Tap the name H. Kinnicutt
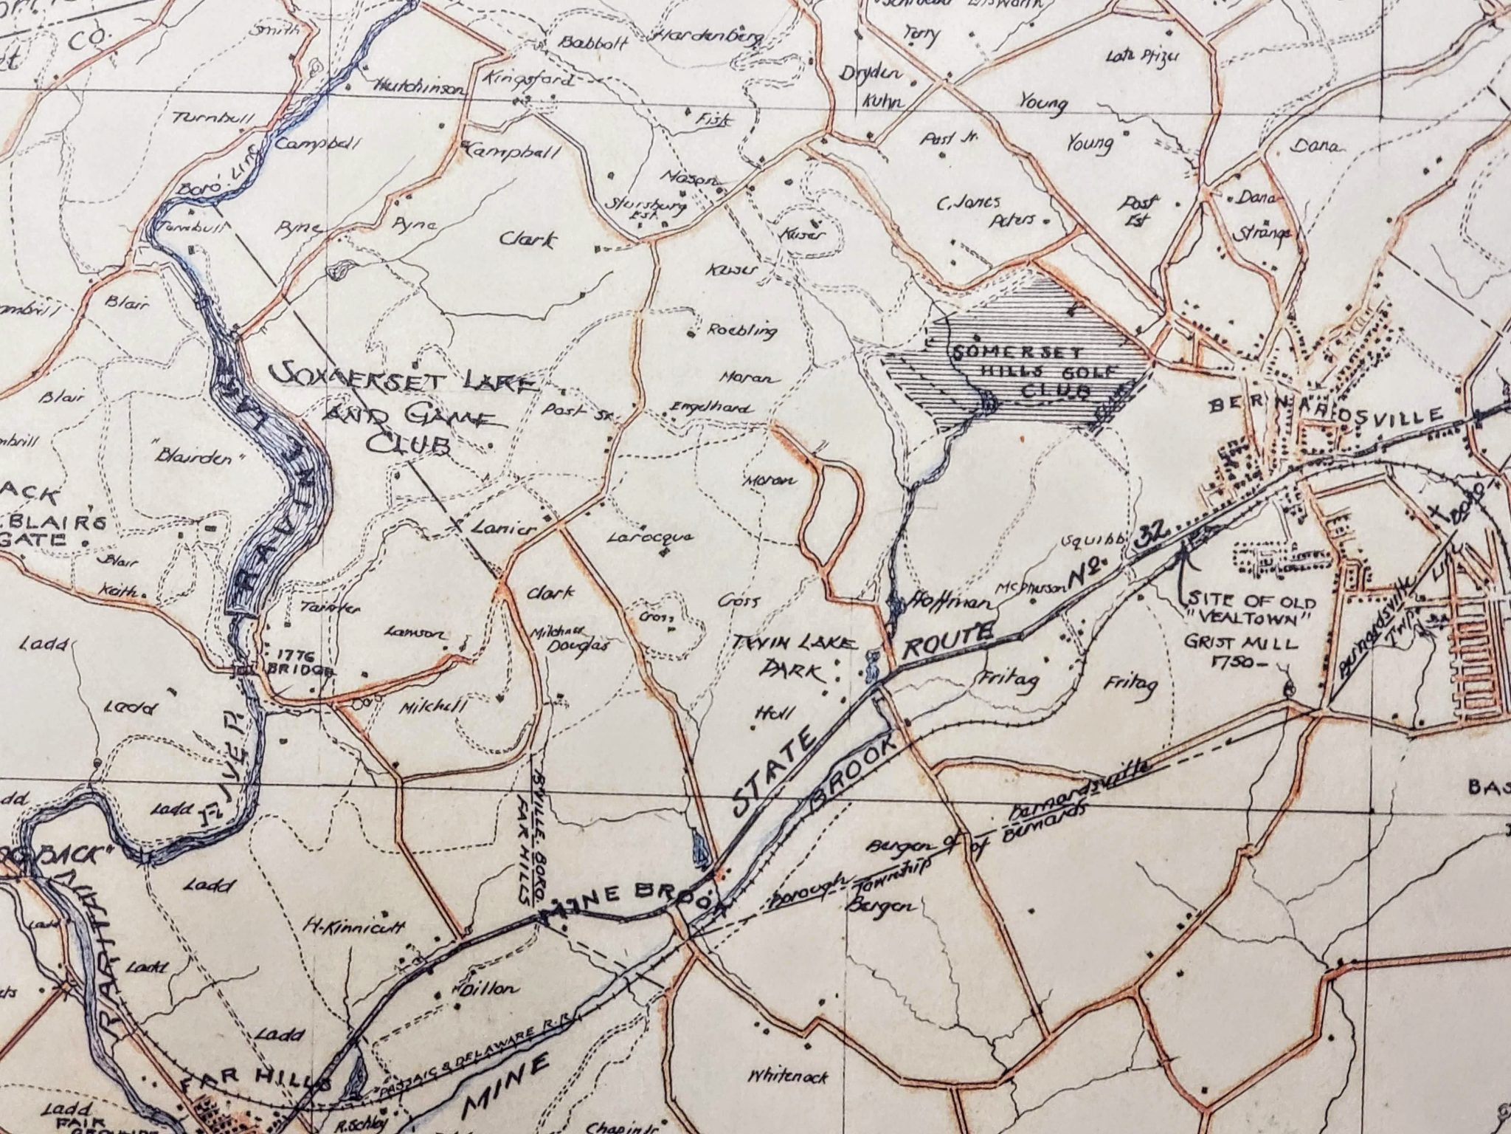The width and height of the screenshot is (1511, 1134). (x=354, y=927)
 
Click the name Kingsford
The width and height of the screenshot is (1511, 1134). (x=530, y=80)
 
